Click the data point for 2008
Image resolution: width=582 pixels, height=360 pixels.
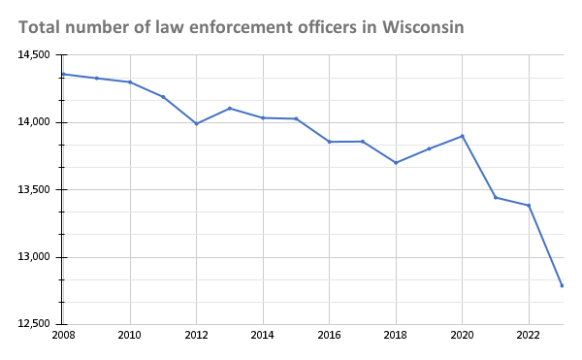64,74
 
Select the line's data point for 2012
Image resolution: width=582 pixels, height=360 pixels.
196,123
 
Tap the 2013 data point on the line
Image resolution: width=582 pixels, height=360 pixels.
229,109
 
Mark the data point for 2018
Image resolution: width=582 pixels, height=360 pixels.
396,162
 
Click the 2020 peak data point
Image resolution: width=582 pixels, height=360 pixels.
462,136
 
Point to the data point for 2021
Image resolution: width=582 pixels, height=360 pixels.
495,197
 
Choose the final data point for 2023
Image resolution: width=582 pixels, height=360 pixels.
562,285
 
